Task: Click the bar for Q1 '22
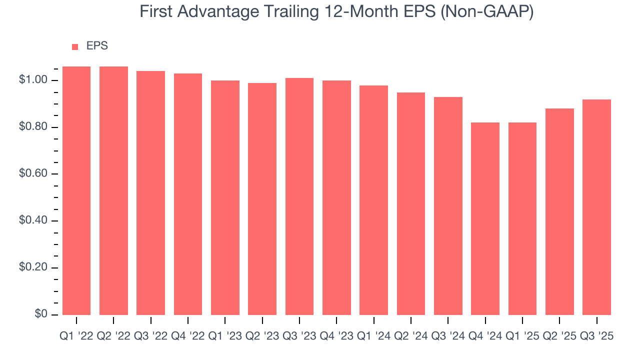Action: click(x=76, y=190)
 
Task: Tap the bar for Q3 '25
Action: click(x=596, y=207)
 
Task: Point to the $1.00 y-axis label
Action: click(x=33, y=80)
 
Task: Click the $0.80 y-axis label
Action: click(x=33, y=127)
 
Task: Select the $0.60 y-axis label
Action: click(x=33, y=174)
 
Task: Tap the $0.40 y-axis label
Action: click(x=33, y=220)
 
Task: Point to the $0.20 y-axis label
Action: click(x=33, y=267)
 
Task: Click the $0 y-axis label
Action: click(x=41, y=314)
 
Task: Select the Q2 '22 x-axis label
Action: click(x=113, y=336)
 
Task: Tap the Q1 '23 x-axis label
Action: click(x=225, y=336)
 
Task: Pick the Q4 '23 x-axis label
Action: click(x=336, y=336)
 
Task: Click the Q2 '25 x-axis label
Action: click(x=559, y=336)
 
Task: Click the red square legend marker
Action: click(x=75, y=46)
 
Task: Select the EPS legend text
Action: click(x=97, y=46)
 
